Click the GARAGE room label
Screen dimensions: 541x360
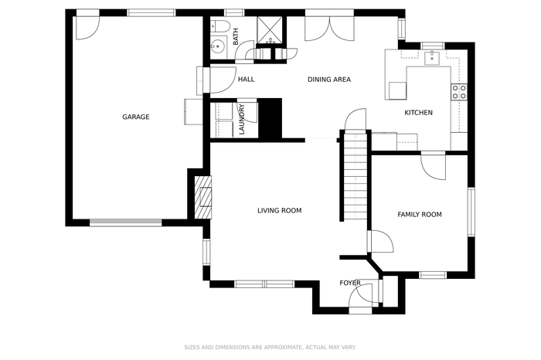pyautogui.click(x=136, y=117)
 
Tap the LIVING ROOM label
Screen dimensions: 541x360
pyautogui.click(x=280, y=210)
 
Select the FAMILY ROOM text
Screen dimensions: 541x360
pyautogui.click(x=420, y=215)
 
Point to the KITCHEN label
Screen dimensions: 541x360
pyautogui.click(x=419, y=113)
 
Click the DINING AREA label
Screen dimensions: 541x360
pyautogui.click(x=329, y=80)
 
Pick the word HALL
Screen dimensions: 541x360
pyautogui.click(x=247, y=80)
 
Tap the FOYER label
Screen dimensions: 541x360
pyautogui.click(x=350, y=283)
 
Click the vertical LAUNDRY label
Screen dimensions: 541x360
pyautogui.click(x=241, y=119)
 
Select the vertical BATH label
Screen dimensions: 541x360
pyautogui.click(x=236, y=36)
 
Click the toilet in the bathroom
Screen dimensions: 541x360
pyautogui.click(x=220, y=26)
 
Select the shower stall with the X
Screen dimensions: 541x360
pyautogui.click(x=270, y=30)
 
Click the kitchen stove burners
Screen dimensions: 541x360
pyautogui.click(x=459, y=92)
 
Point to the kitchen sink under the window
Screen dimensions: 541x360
pyautogui.click(x=432, y=58)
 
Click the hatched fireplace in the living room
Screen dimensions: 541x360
pyautogui.click(x=202, y=198)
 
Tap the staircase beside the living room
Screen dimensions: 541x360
pyautogui.click(x=356, y=176)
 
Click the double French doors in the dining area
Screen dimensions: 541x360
pyautogui.click(x=329, y=29)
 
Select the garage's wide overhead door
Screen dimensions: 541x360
pyautogui.click(x=125, y=223)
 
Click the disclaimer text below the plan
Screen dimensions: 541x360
pyautogui.click(x=270, y=347)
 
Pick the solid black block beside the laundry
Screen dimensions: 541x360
pyautogui.click(x=270, y=119)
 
